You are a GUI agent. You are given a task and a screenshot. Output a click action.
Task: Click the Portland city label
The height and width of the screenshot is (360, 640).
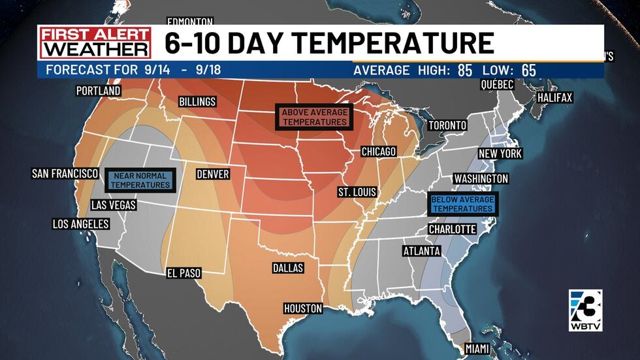pyautogui.click(x=99, y=91)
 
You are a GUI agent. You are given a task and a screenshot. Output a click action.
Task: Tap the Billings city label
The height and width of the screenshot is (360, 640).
pyautogui.click(x=197, y=102)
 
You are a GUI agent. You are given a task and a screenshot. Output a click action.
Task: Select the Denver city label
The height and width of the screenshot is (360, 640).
pyautogui.click(x=213, y=174)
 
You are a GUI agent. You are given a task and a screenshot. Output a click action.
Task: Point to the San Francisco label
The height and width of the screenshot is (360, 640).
pyautogui.click(x=65, y=174)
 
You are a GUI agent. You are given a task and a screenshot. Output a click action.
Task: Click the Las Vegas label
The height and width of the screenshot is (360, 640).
pyautogui.click(x=114, y=205)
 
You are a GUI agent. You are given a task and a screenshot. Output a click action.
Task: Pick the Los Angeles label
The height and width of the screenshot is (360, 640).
pyautogui.click(x=80, y=224)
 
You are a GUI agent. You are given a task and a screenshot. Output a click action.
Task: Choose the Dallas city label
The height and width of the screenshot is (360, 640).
pyautogui.click(x=288, y=268)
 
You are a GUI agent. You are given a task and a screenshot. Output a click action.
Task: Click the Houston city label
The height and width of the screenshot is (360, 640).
pyautogui.click(x=303, y=308)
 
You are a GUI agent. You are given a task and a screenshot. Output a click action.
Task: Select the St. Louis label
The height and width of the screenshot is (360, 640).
pyautogui.click(x=356, y=192)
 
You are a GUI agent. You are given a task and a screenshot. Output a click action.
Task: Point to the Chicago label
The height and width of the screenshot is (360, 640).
pyautogui.click(x=379, y=152)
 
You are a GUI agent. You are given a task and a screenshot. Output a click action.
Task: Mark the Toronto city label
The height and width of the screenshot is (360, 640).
pyautogui.click(x=447, y=125)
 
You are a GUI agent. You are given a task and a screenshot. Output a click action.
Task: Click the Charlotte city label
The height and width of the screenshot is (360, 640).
pyautogui.click(x=452, y=229)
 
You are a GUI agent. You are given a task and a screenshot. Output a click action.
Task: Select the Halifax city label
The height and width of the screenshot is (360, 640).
pyautogui.click(x=554, y=97)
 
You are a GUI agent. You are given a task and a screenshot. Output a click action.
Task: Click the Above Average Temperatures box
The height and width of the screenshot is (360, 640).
pyautogui.click(x=314, y=117)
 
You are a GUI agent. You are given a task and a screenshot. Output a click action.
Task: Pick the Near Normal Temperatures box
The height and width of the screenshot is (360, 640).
pyautogui.click(x=140, y=180)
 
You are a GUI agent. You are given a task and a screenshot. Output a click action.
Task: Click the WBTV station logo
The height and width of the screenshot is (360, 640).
pyautogui.click(x=585, y=310)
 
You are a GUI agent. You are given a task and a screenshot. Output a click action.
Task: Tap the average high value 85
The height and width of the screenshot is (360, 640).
pyautogui.click(x=464, y=71)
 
